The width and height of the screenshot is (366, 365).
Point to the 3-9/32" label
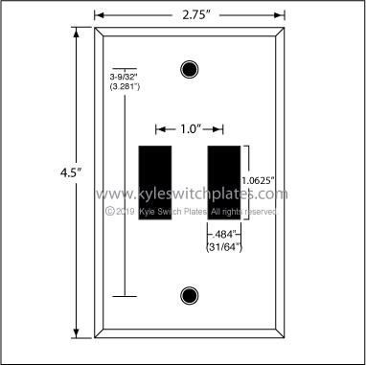pos(125,75)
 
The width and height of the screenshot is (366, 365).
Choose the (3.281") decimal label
pos(125,86)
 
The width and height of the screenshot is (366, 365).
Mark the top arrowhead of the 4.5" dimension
pos(73,31)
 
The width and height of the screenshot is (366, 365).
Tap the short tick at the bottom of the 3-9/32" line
pos(125,298)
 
